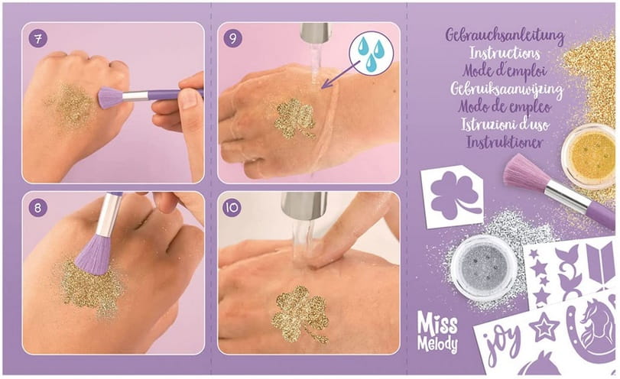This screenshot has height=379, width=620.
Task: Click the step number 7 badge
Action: point(38,39)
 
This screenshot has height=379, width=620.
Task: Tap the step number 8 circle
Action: point(38,208)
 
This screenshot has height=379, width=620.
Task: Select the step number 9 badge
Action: point(232,39)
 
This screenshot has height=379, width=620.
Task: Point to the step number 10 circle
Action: point(232,208)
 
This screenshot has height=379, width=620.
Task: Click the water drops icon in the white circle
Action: point(372,53)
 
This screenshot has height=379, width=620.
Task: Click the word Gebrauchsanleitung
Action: point(505,35)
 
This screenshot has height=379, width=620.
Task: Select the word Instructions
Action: point(505,53)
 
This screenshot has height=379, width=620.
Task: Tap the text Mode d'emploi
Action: point(505,71)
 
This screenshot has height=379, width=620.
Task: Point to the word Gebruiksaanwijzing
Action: point(507,89)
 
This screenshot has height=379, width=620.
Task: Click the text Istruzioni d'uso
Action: point(505,125)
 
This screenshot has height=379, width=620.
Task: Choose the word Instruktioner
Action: point(505,142)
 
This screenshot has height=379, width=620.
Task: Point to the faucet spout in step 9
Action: point(315,33)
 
